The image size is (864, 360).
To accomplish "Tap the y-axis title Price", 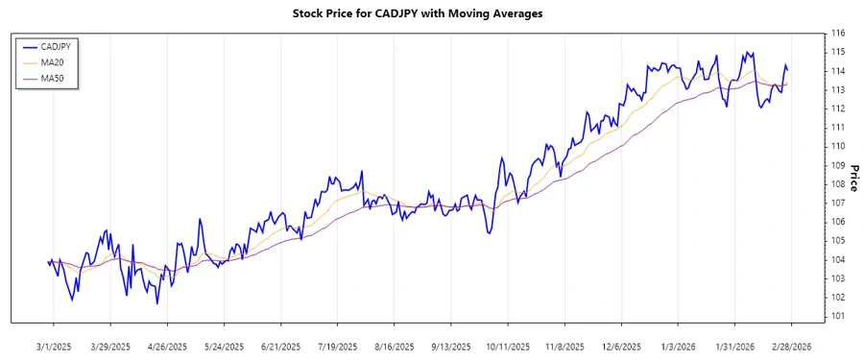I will pyautogui.click(x=853, y=174).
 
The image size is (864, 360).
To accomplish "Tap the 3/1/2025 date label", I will pyautogui.click(x=53, y=346).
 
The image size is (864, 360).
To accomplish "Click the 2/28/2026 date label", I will pyautogui.click(x=791, y=346).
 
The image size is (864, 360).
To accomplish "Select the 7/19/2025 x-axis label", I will pyautogui.click(x=337, y=346).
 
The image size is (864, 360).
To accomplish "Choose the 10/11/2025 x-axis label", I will pyautogui.click(x=508, y=346).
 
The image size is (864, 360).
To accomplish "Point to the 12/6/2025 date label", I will pyautogui.click(x=621, y=346).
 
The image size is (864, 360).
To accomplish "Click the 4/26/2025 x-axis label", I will pyautogui.click(x=166, y=346).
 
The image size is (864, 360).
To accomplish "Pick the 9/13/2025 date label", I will pyautogui.click(x=451, y=346).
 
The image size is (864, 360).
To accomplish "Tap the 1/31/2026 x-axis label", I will pyautogui.click(x=734, y=346).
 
